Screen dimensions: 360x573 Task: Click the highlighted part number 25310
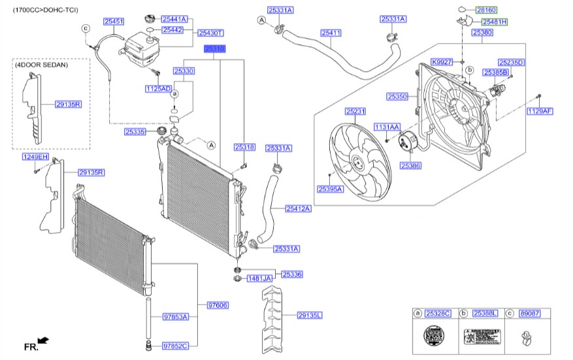pos(214,49)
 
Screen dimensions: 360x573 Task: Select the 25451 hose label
pos(113,22)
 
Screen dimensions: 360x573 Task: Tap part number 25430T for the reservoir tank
pos(211,33)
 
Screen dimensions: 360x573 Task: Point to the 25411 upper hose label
pos(331,33)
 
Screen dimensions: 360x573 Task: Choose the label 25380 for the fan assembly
pos(482,32)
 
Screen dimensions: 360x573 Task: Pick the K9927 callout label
pos(442,61)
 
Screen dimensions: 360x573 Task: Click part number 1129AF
pos(540,111)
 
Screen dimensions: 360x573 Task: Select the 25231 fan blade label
pos(355,112)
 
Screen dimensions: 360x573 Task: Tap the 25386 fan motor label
pos(411,166)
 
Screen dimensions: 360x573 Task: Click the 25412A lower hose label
pos(298,209)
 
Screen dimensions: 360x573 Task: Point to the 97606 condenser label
pos(217,305)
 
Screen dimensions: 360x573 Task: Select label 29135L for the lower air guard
pos(310,315)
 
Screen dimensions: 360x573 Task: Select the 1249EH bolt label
pos(37,157)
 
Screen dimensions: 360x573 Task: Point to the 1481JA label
pos(258,279)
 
